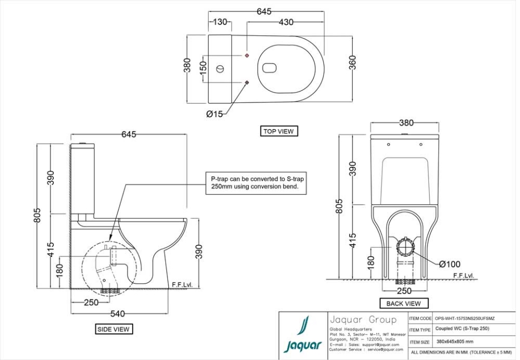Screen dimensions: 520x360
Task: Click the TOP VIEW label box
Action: click(278, 131)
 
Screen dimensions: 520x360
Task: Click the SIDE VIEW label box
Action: click(113, 329)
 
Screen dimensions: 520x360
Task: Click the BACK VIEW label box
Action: click(404, 303)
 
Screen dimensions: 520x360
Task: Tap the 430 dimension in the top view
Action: click(285, 22)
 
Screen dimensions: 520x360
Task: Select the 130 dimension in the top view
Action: click(219, 22)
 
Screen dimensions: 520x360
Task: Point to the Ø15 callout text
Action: click(216, 114)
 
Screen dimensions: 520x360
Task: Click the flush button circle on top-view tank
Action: click(220, 69)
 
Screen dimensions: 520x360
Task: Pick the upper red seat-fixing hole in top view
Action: click(247, 56)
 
